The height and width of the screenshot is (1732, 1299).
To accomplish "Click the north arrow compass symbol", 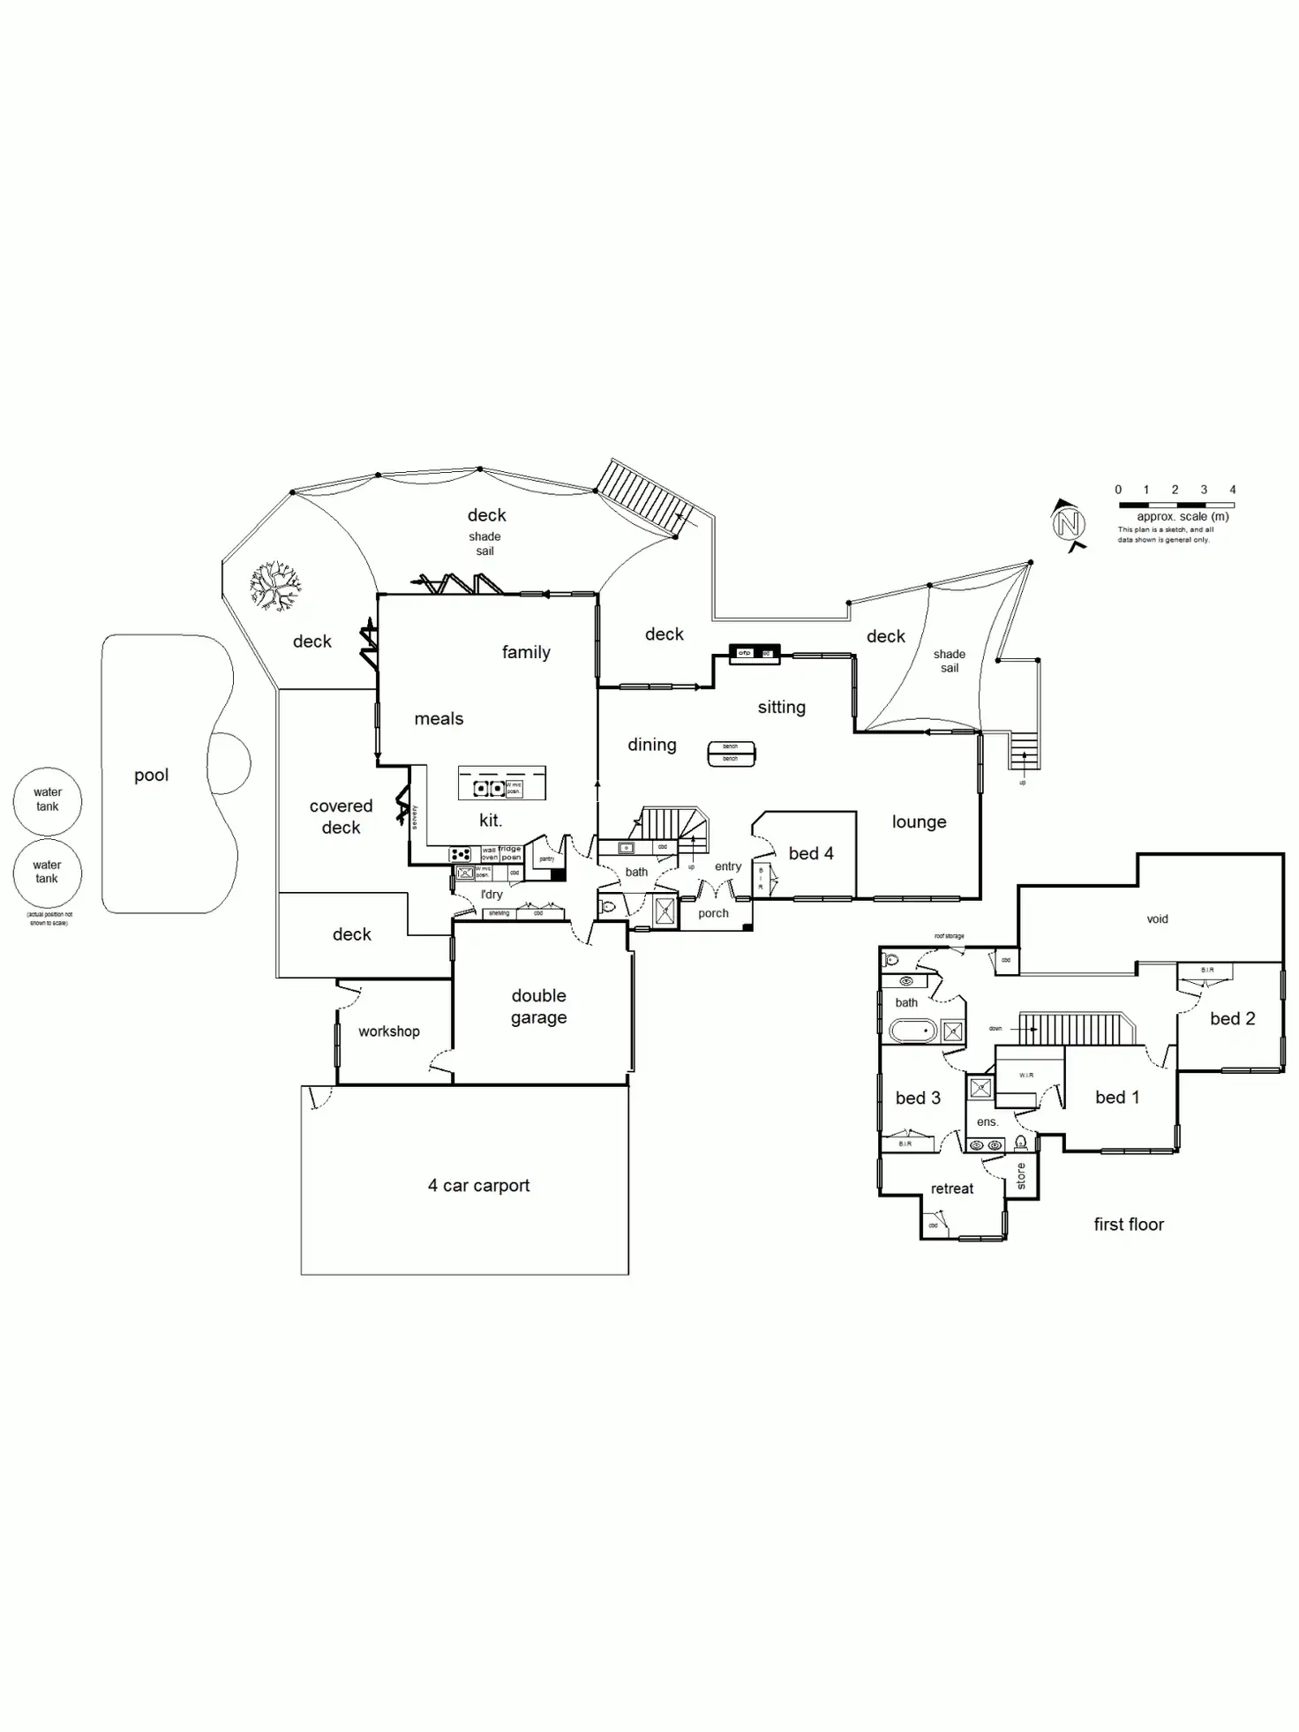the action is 1068,523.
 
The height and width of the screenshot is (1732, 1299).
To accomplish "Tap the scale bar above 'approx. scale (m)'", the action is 1175,506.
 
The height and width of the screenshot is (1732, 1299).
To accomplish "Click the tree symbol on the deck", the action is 274,586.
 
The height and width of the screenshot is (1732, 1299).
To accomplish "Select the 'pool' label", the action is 152,776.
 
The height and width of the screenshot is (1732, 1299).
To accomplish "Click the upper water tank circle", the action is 48,800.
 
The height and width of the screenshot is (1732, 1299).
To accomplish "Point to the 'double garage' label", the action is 538,1007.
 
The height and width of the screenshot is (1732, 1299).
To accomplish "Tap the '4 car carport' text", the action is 478,1186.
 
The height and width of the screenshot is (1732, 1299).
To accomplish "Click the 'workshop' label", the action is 389,1031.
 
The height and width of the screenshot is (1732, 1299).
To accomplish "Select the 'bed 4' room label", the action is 810,853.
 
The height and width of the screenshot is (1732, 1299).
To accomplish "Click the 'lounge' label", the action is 919,822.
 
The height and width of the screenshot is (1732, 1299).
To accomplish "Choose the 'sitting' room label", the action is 781,707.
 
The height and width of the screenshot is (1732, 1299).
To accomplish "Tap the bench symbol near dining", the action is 731,753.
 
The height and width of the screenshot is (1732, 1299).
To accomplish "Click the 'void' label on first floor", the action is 1157,919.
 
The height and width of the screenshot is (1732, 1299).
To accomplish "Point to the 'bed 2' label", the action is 1232,1019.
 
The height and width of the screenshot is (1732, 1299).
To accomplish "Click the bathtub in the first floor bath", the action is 912,1030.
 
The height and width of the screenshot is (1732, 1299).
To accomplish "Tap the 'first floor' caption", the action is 1129,1225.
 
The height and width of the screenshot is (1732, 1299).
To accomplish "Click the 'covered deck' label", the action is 341,817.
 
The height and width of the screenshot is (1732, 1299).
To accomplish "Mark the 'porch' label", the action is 713,913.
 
